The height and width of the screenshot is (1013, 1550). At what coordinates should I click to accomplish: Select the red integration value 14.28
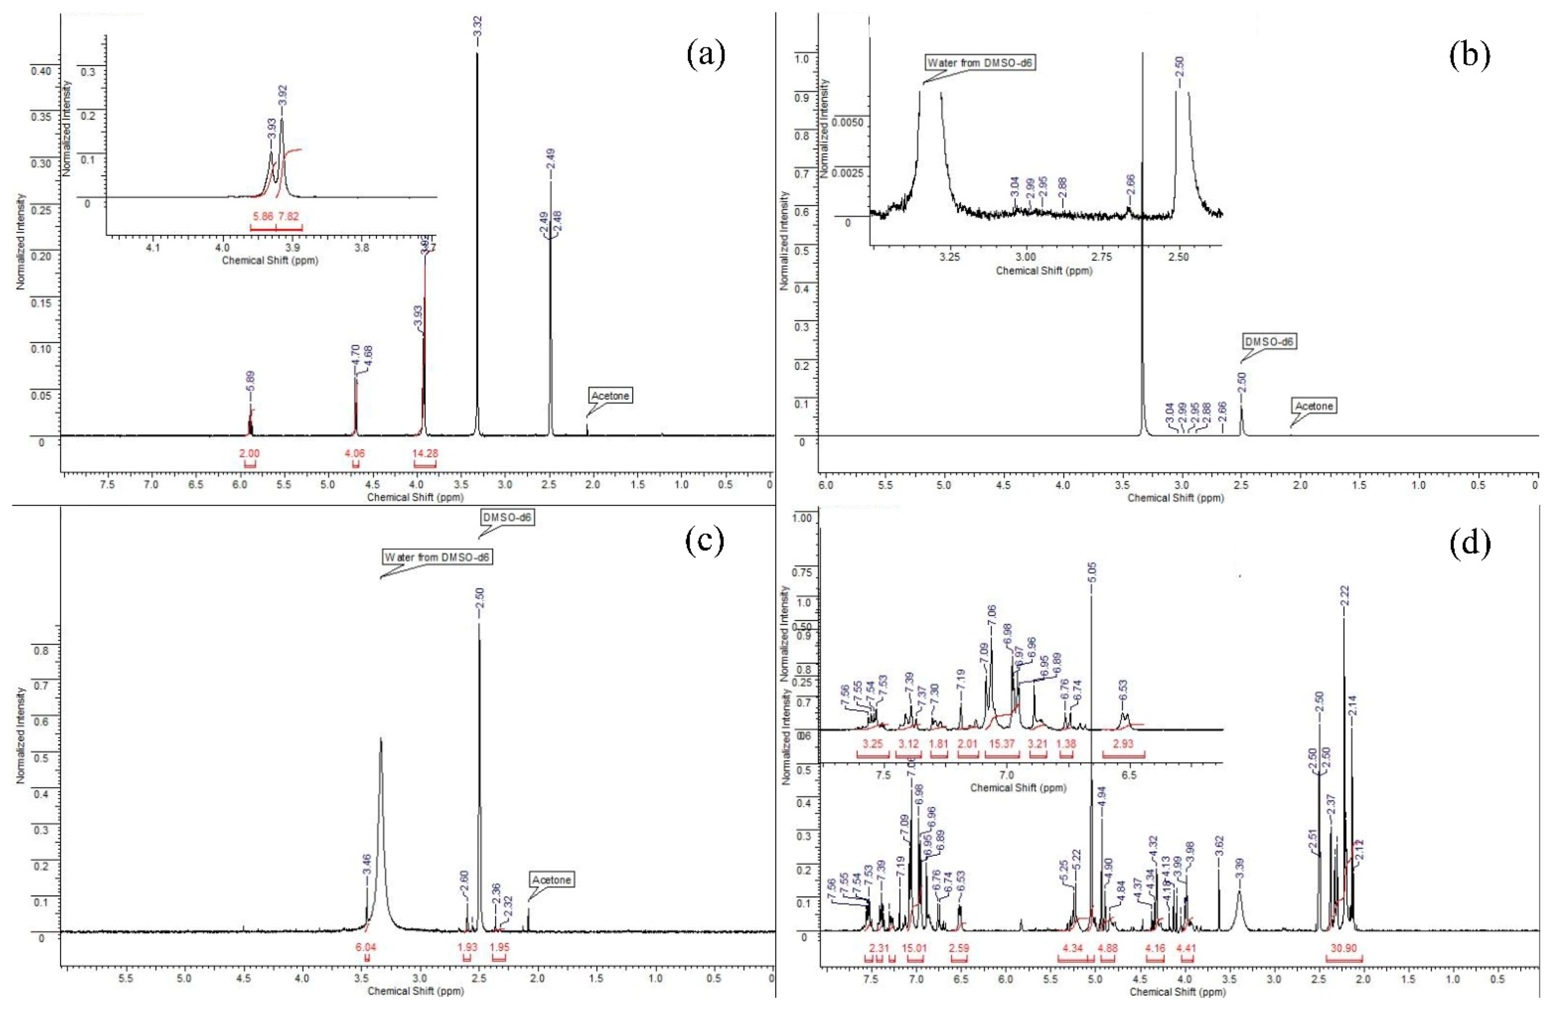(x=425, y=453)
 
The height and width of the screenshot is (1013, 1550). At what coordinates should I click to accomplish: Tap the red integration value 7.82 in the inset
(x=289, y=216)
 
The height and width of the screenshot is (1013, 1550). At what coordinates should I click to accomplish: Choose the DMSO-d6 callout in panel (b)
(x=1269, y=341)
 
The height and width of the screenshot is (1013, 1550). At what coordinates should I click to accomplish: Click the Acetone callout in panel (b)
(x=1313, y=406)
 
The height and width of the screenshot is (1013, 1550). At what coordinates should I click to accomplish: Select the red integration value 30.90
(x=1343, y=949)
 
